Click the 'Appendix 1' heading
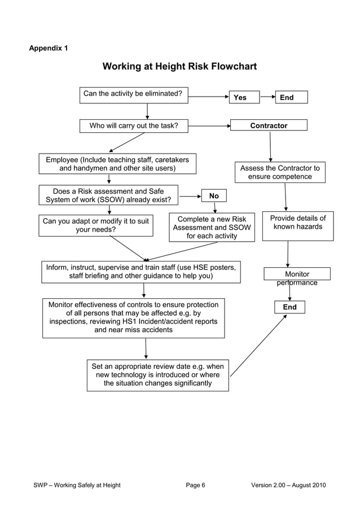click(49, 48)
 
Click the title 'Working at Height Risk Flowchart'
click(179, 67)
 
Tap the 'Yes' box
click(244, 97)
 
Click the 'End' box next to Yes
click(291, 97)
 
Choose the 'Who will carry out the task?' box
click(133, 126)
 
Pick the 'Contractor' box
click(269, 125)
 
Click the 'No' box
click(214, 196)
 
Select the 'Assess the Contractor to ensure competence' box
click(280, 172)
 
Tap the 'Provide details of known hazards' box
click(297, 225)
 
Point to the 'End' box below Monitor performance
click(289, 307)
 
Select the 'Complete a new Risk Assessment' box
click(212, 227)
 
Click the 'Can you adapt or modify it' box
click(95, 225)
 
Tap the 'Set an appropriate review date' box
click(157, 375)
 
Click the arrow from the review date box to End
click(258, 345)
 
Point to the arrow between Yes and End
click(267, 97)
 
